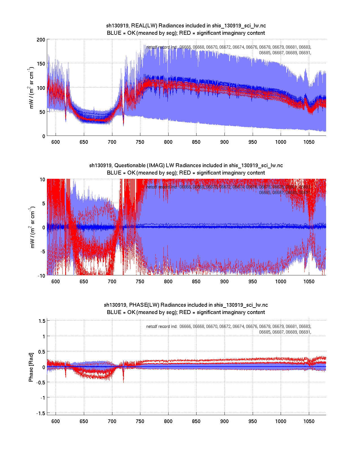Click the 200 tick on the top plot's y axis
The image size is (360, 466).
pyautogui.click(x=41, y=40)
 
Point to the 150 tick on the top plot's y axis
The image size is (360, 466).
pyautogui.click(x=41, y=64)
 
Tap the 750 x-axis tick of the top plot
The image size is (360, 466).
pyautogui.click(x=140, y=142)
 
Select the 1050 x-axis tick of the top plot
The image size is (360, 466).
pyautogui.click(x=309, y=142)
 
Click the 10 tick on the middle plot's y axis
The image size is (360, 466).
pyautogui.click(x=42, y=179)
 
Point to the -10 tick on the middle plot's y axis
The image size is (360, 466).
pyautogui.click(x=41, y=276)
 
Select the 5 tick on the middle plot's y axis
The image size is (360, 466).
pyautogui.click(x=43, y=204)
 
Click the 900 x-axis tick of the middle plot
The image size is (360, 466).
pyautogui.click(x=224, y=282)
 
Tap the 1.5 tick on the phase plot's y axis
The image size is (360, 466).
pyautogui.click(x=42, y=321)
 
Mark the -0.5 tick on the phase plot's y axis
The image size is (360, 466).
pyautogui.click(x=41, y=382)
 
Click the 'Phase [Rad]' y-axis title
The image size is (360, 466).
pyautogui.click(x=31, y=367)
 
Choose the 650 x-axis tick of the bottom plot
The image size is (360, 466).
pyautogui.click(x=84, y=421)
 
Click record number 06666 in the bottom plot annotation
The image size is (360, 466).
pyautogui.click(x=185, y=326)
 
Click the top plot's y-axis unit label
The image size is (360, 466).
pyautogui.click(x=31, y=88)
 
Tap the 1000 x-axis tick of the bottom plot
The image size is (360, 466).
pyautogui.click(x=281, y=421)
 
